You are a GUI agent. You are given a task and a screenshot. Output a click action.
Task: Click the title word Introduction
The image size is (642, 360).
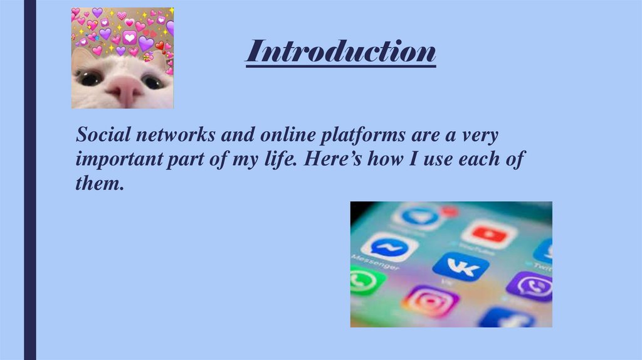click(x=340, y=51)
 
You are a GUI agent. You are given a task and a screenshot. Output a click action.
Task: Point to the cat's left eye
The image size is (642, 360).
click(x=89, y=78)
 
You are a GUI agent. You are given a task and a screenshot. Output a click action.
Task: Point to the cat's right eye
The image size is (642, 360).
click(x=152, y=81)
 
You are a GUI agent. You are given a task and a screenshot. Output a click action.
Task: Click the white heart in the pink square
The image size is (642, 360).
click(x=130, y=38)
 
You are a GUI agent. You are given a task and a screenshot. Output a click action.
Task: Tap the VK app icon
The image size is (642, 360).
click(x=460, y=266)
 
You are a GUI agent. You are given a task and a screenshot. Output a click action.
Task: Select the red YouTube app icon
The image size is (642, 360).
click(x=489, y=234)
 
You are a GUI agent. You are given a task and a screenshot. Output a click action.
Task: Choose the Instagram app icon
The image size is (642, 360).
click(x=430, y=301)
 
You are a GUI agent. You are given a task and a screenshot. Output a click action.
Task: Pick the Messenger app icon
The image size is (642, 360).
click(x=389, y=246)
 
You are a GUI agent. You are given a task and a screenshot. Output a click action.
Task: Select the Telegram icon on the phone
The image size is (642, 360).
click(x=417, y=216)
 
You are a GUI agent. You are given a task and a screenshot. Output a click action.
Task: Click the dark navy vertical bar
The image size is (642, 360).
click(x=29, y=180)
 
